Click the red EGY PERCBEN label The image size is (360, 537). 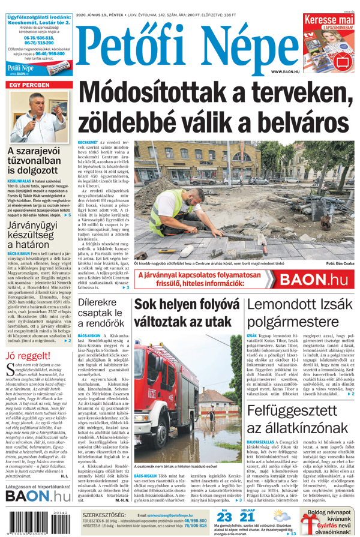tap(29, 85)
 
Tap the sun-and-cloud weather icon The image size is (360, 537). tap(280, 515)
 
